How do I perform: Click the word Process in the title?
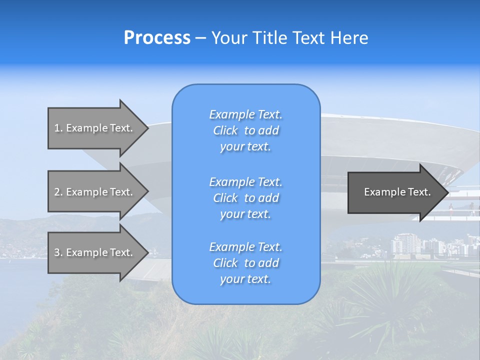[x=157, y=38]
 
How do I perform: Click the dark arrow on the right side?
[x=395, y=192]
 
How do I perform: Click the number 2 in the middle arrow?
[x=57, y=192]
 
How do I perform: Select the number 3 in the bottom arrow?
[x=57, y=252]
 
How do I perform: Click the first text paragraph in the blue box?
[x=245, y=130]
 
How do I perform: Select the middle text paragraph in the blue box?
[x=245, y=197]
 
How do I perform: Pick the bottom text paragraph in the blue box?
[x=245, y=263]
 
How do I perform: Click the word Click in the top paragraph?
[x=225, y=130]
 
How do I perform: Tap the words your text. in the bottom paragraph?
[x=245, y=279]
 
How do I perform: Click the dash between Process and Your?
[x=200, y=38]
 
